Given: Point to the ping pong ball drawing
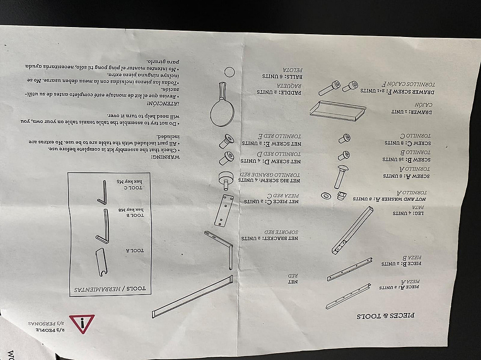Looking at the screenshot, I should tap(230, 72).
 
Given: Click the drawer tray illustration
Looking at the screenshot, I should tap(338, 111).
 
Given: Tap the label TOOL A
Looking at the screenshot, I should tap(134, 249).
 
